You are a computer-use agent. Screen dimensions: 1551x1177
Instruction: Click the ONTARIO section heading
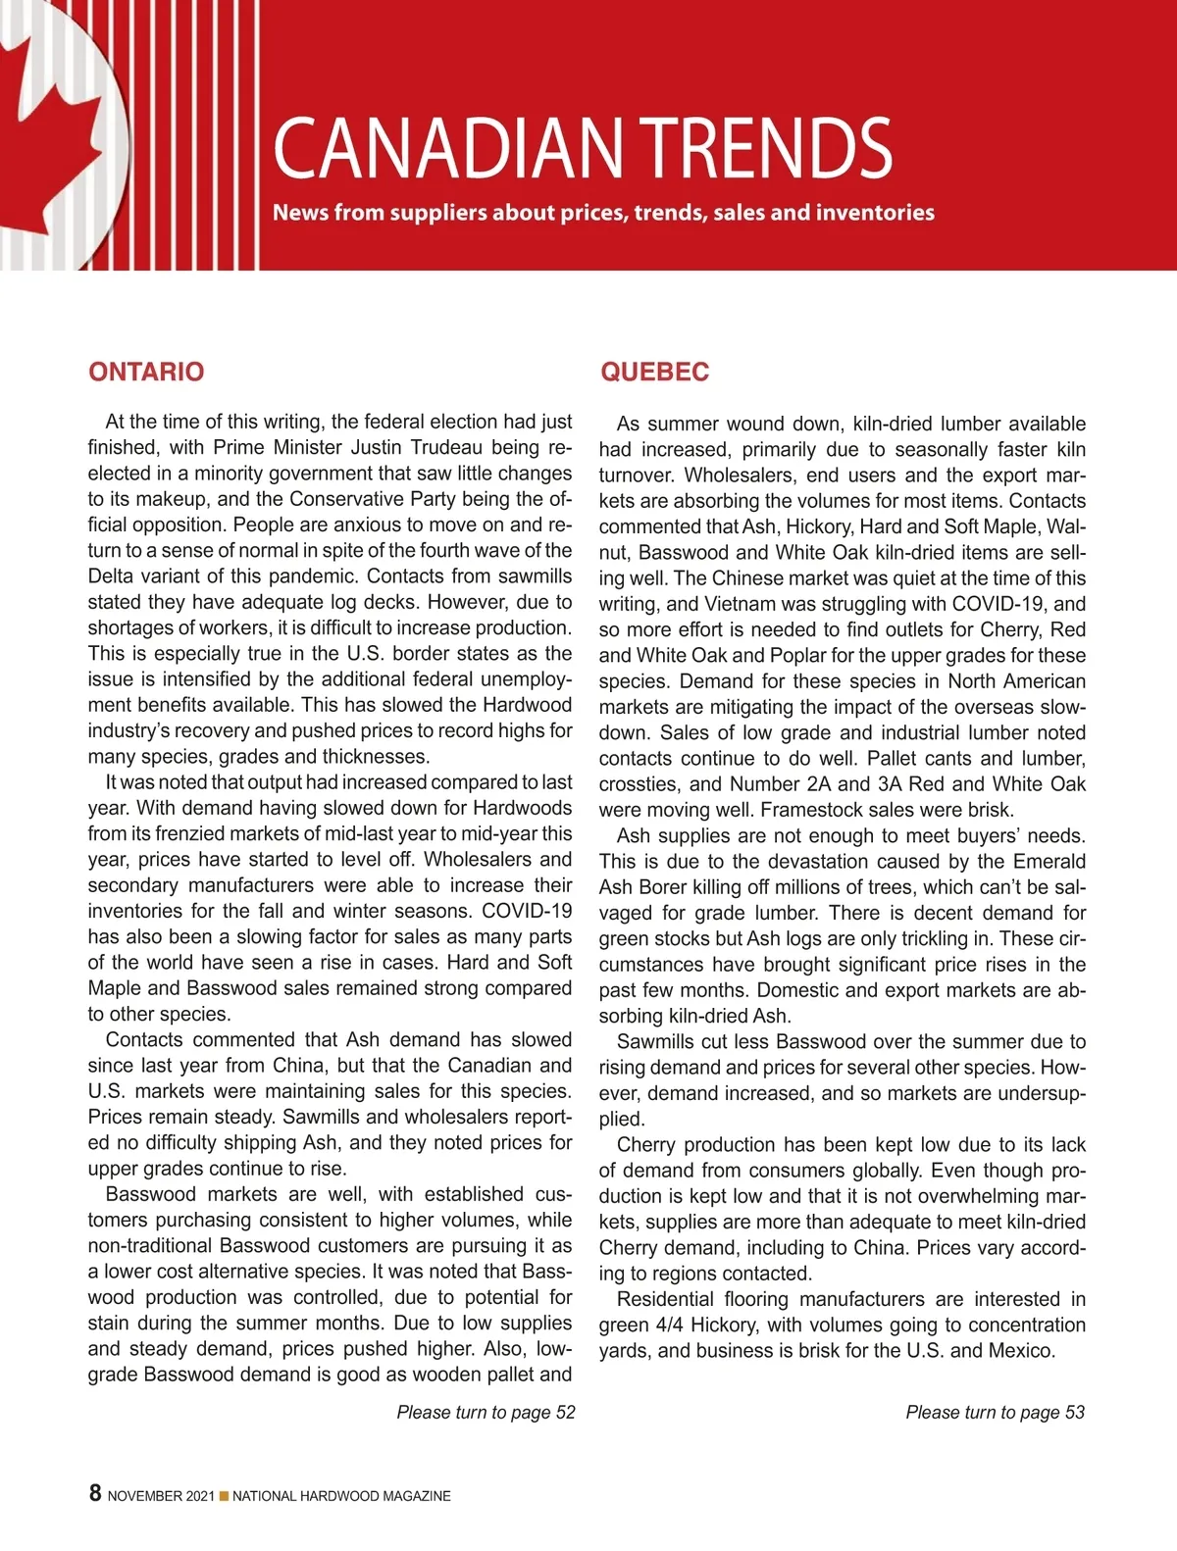(x=146, y=372)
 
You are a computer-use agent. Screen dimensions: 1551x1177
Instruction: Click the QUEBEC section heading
(x=654, y=372)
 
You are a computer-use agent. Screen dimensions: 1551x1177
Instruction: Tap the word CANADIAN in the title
(x=447, y=148)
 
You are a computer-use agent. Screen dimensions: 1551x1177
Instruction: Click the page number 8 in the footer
(x=95, y=1492)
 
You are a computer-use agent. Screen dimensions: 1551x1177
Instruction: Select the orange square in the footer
(x=224, y=1496)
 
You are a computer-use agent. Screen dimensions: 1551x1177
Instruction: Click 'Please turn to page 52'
(x=486, y=1412)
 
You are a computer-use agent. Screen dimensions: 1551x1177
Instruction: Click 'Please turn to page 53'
(x=995, y=1412)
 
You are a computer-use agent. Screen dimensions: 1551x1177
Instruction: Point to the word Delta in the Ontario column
(x=113, y=575)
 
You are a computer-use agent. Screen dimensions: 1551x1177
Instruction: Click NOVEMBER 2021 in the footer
(x=161, y=1496)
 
